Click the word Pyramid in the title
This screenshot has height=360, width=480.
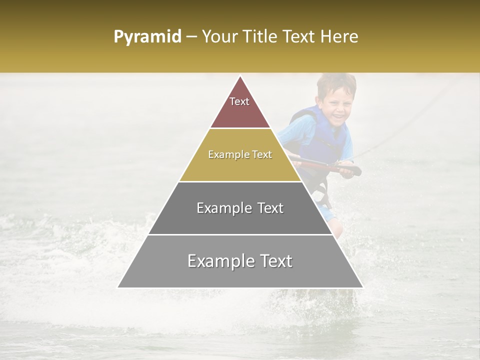[x=147, y=37]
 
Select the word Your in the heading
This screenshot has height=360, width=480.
[x=220, y=37]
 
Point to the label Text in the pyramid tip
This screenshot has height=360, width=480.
[x=239, y=101]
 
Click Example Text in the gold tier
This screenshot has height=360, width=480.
[x=240, y=154]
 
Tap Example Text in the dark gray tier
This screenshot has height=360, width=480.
[x=240, y=208]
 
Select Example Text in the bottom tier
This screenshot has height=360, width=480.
[x=240, y=261]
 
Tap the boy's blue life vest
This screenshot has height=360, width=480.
[x=325, y=137]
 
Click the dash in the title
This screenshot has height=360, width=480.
[x=191, y=37]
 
